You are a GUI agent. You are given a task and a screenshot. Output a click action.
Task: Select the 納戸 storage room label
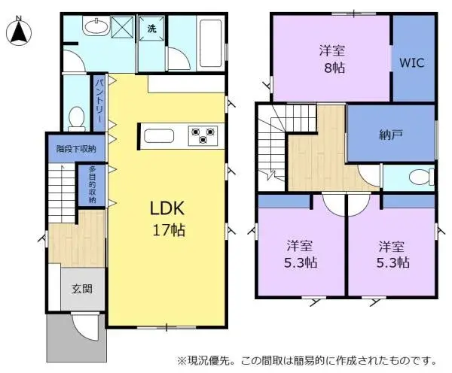pos(390,135)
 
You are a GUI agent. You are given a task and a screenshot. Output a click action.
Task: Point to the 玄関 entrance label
pos(82,287)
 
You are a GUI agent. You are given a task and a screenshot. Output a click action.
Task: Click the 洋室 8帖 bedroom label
pos(331,58)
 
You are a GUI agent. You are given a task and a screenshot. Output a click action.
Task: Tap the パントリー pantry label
pos(98,104)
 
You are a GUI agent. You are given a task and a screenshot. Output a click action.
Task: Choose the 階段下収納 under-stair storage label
pos(76,149)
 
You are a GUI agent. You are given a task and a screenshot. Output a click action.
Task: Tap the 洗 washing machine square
pos(151,29)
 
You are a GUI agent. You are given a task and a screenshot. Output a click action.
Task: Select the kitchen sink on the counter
pos(160,136)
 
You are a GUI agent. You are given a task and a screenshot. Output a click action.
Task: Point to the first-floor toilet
pos(76,118)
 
